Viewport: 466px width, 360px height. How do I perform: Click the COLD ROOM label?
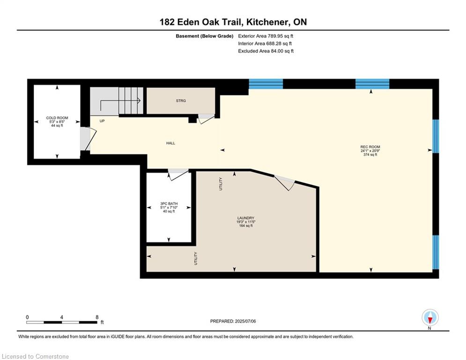pos(57,118)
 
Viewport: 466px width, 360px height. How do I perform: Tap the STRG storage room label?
pos(181,101)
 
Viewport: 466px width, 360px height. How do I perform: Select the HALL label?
pos(170,143)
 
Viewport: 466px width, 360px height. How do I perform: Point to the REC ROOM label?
pos(370,147)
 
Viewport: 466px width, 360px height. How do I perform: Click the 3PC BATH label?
pos(169,204)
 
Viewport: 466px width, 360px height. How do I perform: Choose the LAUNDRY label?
pos(246,218)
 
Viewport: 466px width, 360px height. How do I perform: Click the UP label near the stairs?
pos(102,121)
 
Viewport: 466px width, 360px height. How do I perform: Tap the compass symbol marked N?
pos(430,318)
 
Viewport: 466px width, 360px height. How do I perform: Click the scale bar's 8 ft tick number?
pos(97,317)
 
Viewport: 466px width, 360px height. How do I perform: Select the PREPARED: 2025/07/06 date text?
pos(233,321)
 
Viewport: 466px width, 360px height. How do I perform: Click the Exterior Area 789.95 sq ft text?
pos(266,36)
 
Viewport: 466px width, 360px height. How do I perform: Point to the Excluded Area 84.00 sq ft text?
pos(266,51)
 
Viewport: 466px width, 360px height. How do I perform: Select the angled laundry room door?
pos(285,182)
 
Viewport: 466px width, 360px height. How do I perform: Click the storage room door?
pos(206,119)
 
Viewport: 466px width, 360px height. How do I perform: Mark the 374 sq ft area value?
pos(370,155)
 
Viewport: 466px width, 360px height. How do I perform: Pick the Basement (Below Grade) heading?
pos(205,36)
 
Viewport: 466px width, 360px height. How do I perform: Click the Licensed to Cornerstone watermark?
pos(35,356)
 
